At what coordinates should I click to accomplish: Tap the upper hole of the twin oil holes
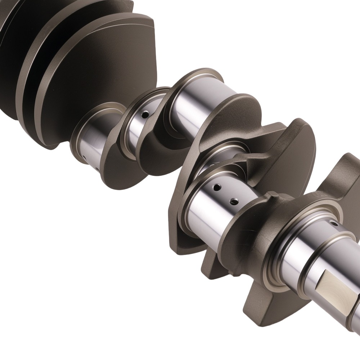coord(217,187)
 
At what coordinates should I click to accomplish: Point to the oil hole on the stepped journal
coord(335,224)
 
